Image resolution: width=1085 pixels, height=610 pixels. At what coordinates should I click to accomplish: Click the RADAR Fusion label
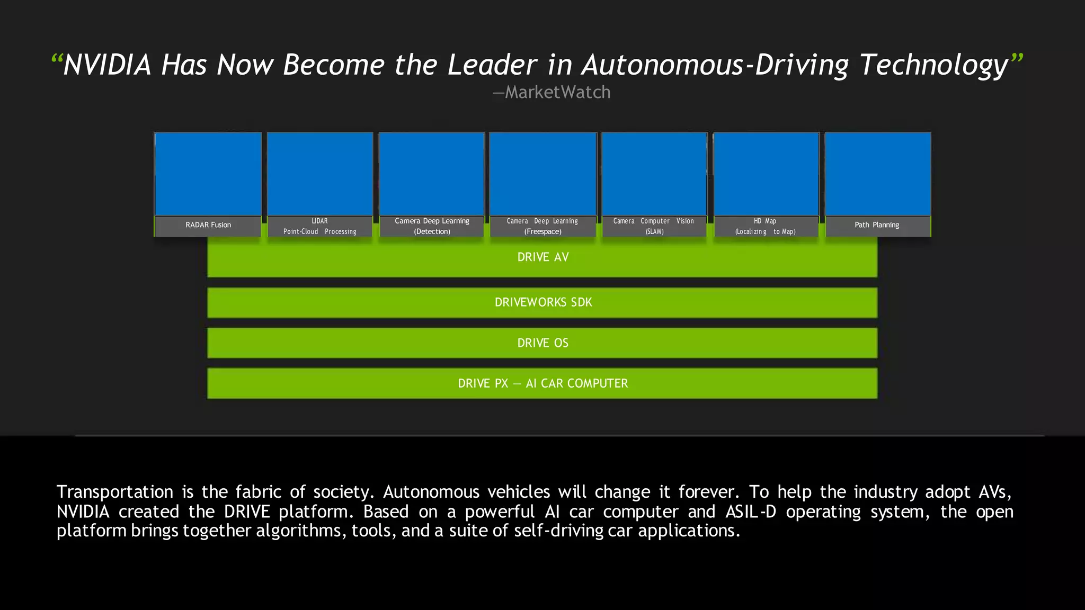pos(208,225)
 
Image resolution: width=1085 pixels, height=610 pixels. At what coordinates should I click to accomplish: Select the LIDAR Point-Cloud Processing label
pos(319,226)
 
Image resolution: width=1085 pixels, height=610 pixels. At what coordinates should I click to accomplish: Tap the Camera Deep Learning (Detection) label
pos(432,226)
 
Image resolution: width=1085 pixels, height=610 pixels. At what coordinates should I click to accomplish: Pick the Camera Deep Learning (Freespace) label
pos(542,226)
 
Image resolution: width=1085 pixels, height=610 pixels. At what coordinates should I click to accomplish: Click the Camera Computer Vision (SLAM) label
pos(654,226)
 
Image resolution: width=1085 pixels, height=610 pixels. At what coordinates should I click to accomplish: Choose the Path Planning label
pos(877,225)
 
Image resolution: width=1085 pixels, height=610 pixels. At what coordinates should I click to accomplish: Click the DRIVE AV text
pos(542,257)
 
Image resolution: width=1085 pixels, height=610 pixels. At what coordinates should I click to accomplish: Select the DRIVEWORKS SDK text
pos(543,302)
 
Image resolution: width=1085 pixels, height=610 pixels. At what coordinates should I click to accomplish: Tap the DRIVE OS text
pos(542,343)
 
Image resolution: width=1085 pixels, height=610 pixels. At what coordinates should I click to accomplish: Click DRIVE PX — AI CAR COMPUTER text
pos(542,383)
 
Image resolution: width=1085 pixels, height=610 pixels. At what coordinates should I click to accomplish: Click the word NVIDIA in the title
pos(107,65)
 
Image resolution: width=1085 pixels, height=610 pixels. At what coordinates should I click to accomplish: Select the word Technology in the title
pos(933,65)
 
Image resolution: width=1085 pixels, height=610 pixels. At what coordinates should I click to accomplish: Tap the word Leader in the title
pos(492,65)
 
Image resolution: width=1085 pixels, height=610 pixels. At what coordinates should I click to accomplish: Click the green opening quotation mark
pos(57,59)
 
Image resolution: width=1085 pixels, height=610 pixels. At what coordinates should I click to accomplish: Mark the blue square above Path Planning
pos(878,174)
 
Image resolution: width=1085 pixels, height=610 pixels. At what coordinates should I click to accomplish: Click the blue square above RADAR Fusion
pos(208,174)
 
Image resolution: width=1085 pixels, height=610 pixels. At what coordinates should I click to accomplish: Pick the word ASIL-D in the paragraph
pos(750,512)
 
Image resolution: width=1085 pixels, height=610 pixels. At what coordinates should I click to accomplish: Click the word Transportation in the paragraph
pos(115,492)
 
